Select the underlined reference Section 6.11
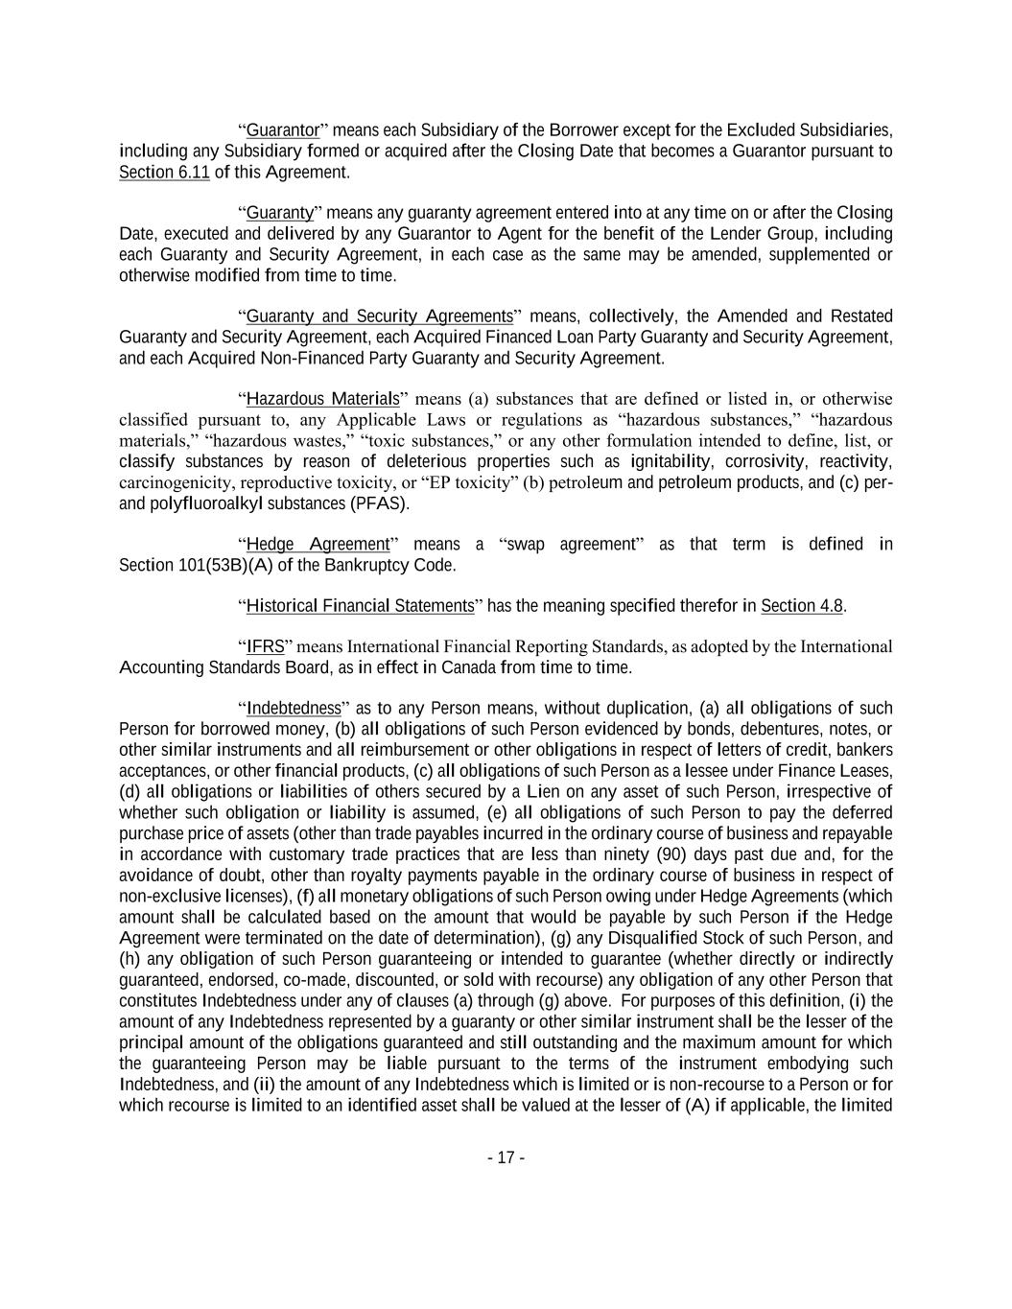pos(164,172)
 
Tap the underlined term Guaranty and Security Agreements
pos(380,316)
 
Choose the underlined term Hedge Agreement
pos(318,545)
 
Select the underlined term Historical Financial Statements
pos(360,606)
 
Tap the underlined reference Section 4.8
pos(802,606)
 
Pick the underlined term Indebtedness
pos(294,709)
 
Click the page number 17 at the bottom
pos(506,1157)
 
